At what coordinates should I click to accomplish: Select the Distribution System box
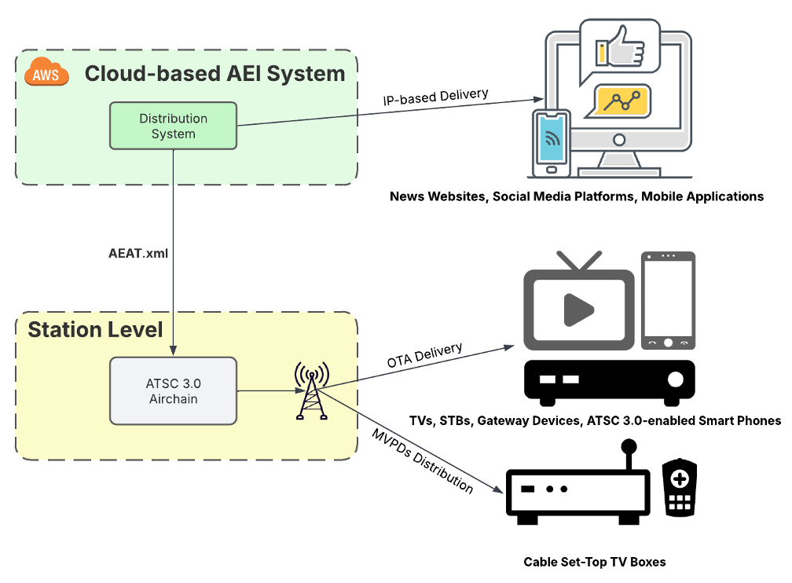pos(173,126)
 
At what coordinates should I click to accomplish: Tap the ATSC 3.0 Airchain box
pos(173,390)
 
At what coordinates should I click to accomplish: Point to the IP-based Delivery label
pos(435,97)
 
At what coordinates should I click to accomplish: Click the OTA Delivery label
pos(424,355)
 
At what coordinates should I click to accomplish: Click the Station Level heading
pos(95,329)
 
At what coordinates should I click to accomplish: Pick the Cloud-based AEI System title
pos(214,74)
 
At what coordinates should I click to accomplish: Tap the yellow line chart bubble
pos(622,101)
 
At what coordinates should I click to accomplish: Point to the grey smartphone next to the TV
pos(668,300)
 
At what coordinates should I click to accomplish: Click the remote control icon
pos(680,487)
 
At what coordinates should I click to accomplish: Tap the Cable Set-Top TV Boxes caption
pos(595,562)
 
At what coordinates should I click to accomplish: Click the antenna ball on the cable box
pos(628,448)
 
